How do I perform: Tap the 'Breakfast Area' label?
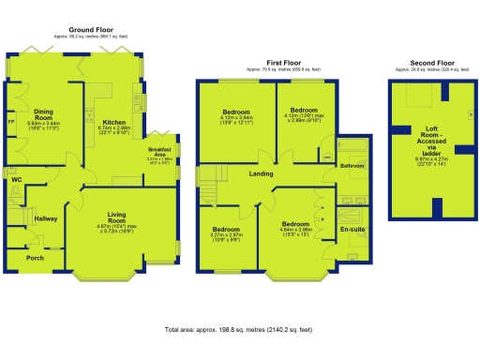point(161,153)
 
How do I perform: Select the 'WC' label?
point(16,178)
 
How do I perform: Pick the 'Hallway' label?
point(46,218)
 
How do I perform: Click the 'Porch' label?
point(35,258)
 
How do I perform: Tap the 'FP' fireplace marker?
point(11,123)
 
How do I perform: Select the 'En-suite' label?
point(352,229)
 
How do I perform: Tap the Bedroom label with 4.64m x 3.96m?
point(295,224)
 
